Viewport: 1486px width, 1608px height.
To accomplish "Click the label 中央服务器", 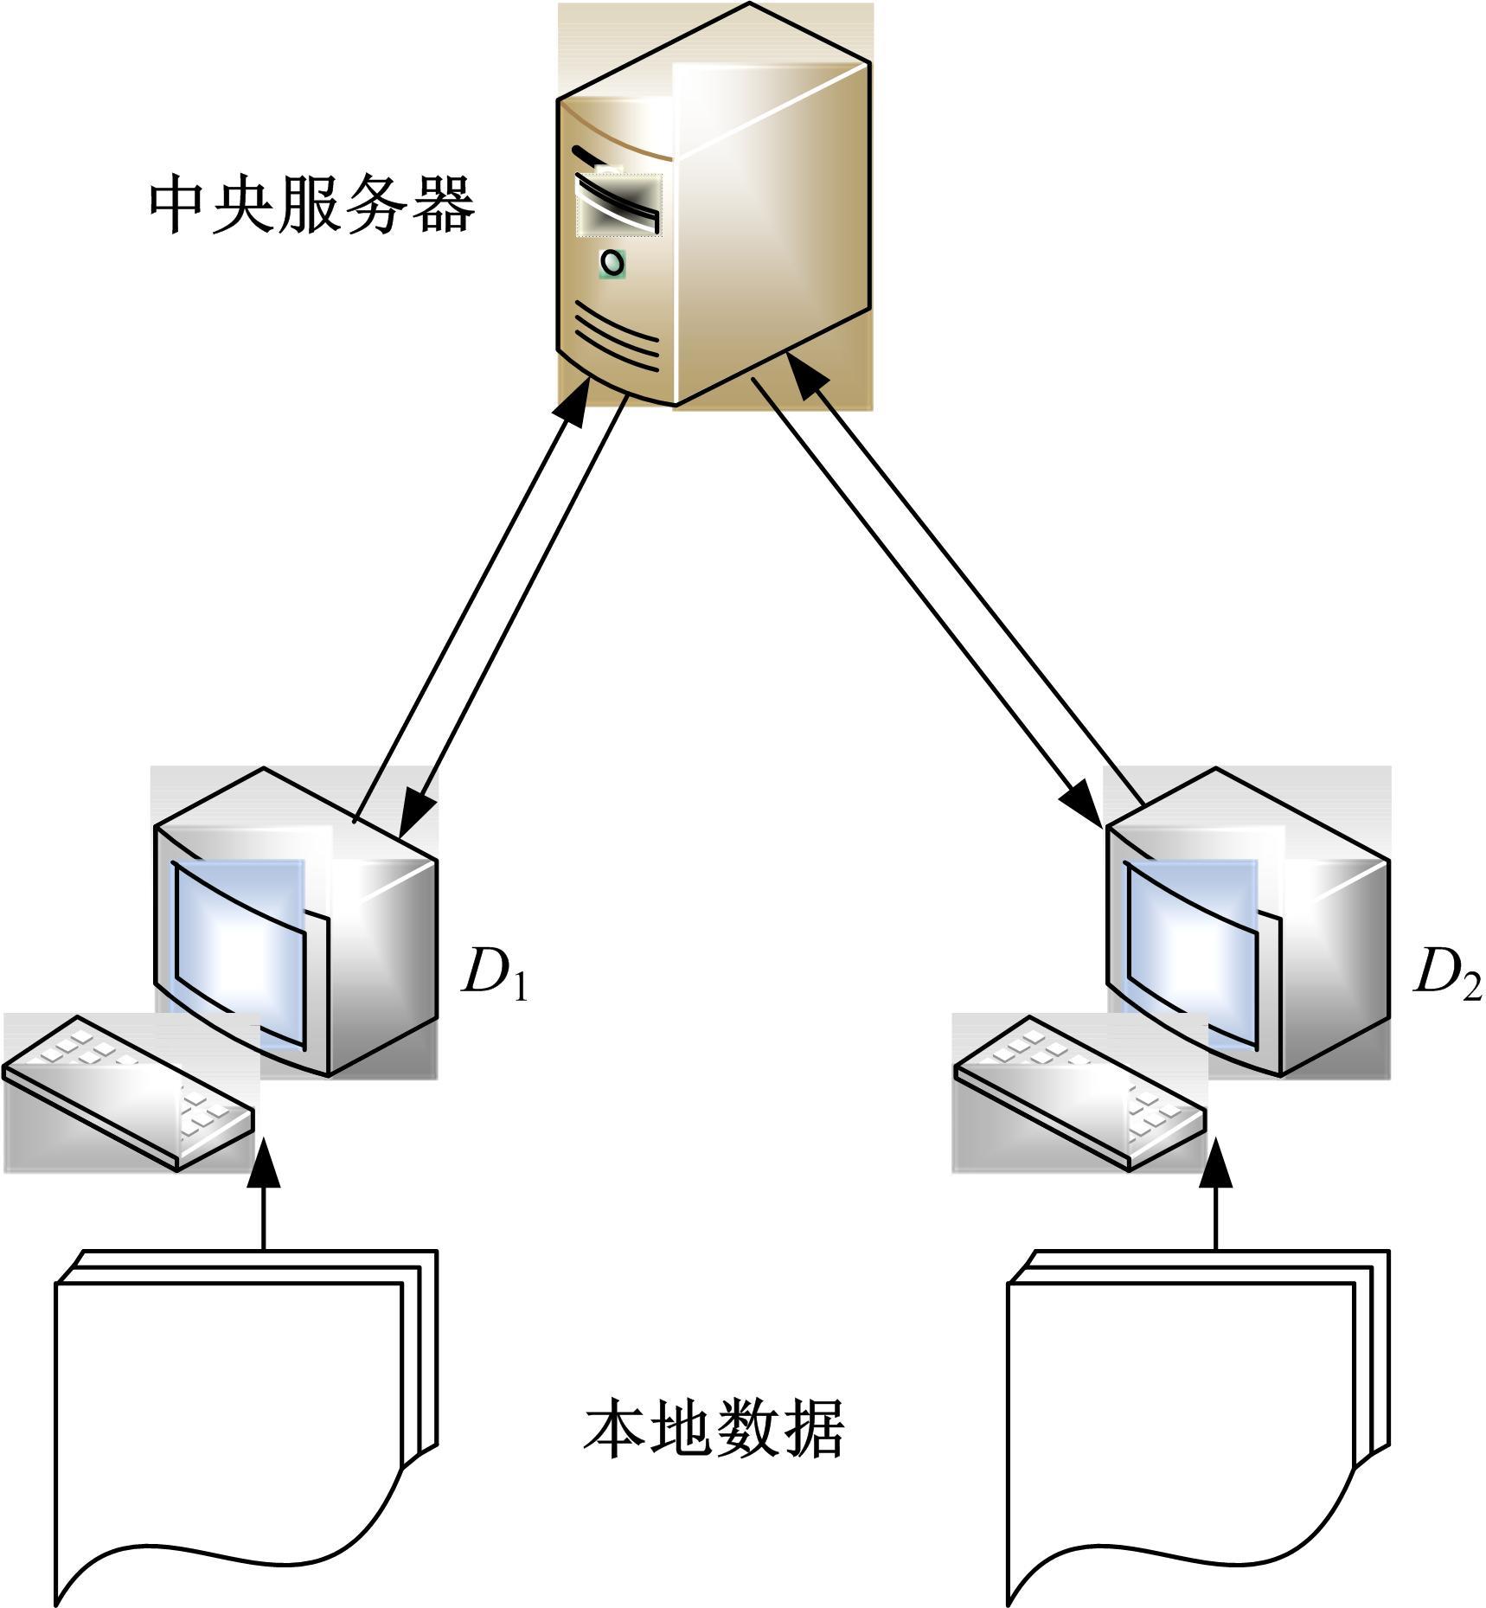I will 312,206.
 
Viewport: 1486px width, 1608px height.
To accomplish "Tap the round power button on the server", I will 612,261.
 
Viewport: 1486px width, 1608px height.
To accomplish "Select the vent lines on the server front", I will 616,337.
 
